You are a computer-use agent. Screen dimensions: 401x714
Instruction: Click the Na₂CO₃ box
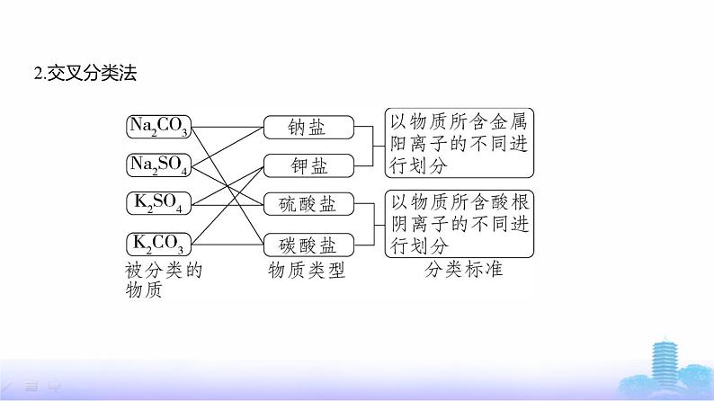click(158, 127)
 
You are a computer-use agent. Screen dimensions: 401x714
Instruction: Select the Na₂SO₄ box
click(158, 165)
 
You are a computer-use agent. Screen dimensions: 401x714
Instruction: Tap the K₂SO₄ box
click(158, 203)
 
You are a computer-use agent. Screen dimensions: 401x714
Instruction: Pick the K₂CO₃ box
click(158, 242)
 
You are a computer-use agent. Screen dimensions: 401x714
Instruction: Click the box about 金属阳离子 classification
click(460, 143)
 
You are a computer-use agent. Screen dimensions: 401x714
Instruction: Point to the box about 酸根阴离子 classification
click(460, 221)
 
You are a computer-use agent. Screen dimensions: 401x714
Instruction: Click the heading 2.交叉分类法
click(84, 74)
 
